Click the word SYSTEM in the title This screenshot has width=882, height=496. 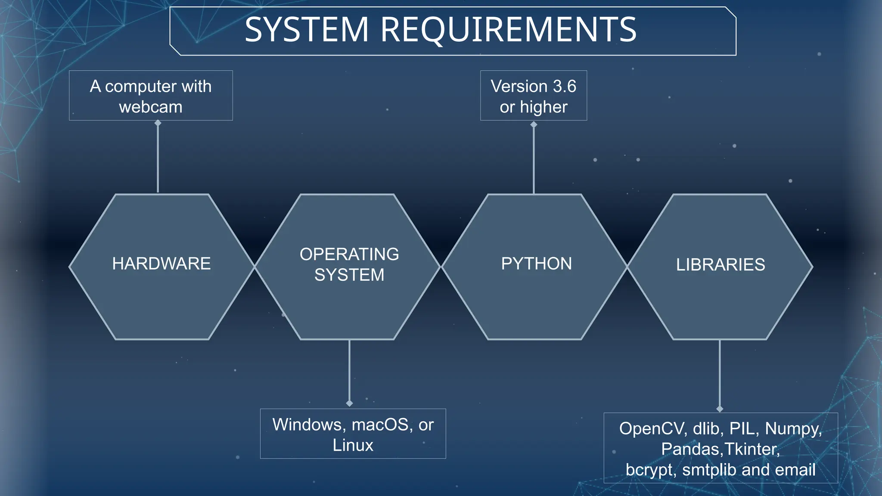pyautogui.click(x=307, y=29)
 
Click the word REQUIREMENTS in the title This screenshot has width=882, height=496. pyautogui.click(x=508, y=29)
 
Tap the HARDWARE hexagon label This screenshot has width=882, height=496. pyautogui.click(x=161, y=263)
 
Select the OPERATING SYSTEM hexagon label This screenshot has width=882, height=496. pyautogui.click(x=349, y=264)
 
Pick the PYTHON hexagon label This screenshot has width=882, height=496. pyautogui.click(x=536, y=263)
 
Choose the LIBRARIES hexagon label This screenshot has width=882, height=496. pyautogui.click(x=721, y=264)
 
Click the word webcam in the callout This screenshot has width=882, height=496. pyautogui.click(x=151, y=107)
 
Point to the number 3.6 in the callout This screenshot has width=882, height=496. pyautogui.click(x=564, y=86)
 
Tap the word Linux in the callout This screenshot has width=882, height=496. pyautogui.click(x=353, y=445)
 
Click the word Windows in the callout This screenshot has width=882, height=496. pyautogui.click(x=307, y=425)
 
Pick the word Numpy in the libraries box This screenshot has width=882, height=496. pyautogui.click(x=792, y=428)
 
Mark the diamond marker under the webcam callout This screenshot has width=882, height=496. pyautogui.click(x=158, y=123)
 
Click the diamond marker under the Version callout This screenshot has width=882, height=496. pyautogui.click(x=534, y=124)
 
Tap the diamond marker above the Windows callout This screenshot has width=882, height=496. pyautogui.click(x=349, y=403)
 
